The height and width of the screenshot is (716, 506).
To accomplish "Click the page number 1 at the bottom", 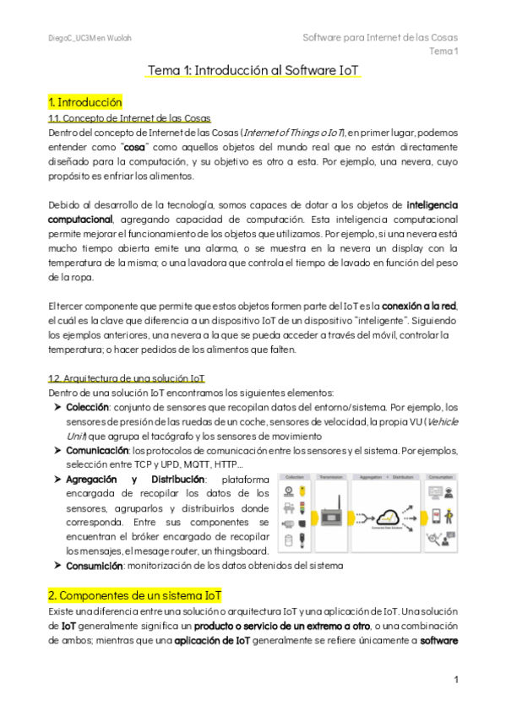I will click(455, 679).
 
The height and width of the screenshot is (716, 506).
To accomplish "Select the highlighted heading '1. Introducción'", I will click(85, 101).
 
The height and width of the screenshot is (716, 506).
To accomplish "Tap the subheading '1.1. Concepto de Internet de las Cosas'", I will click(129, 118).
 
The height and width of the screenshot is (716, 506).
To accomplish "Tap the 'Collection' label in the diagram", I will click(294, 476).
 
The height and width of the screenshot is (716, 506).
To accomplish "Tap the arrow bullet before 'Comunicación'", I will click(57, 452).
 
